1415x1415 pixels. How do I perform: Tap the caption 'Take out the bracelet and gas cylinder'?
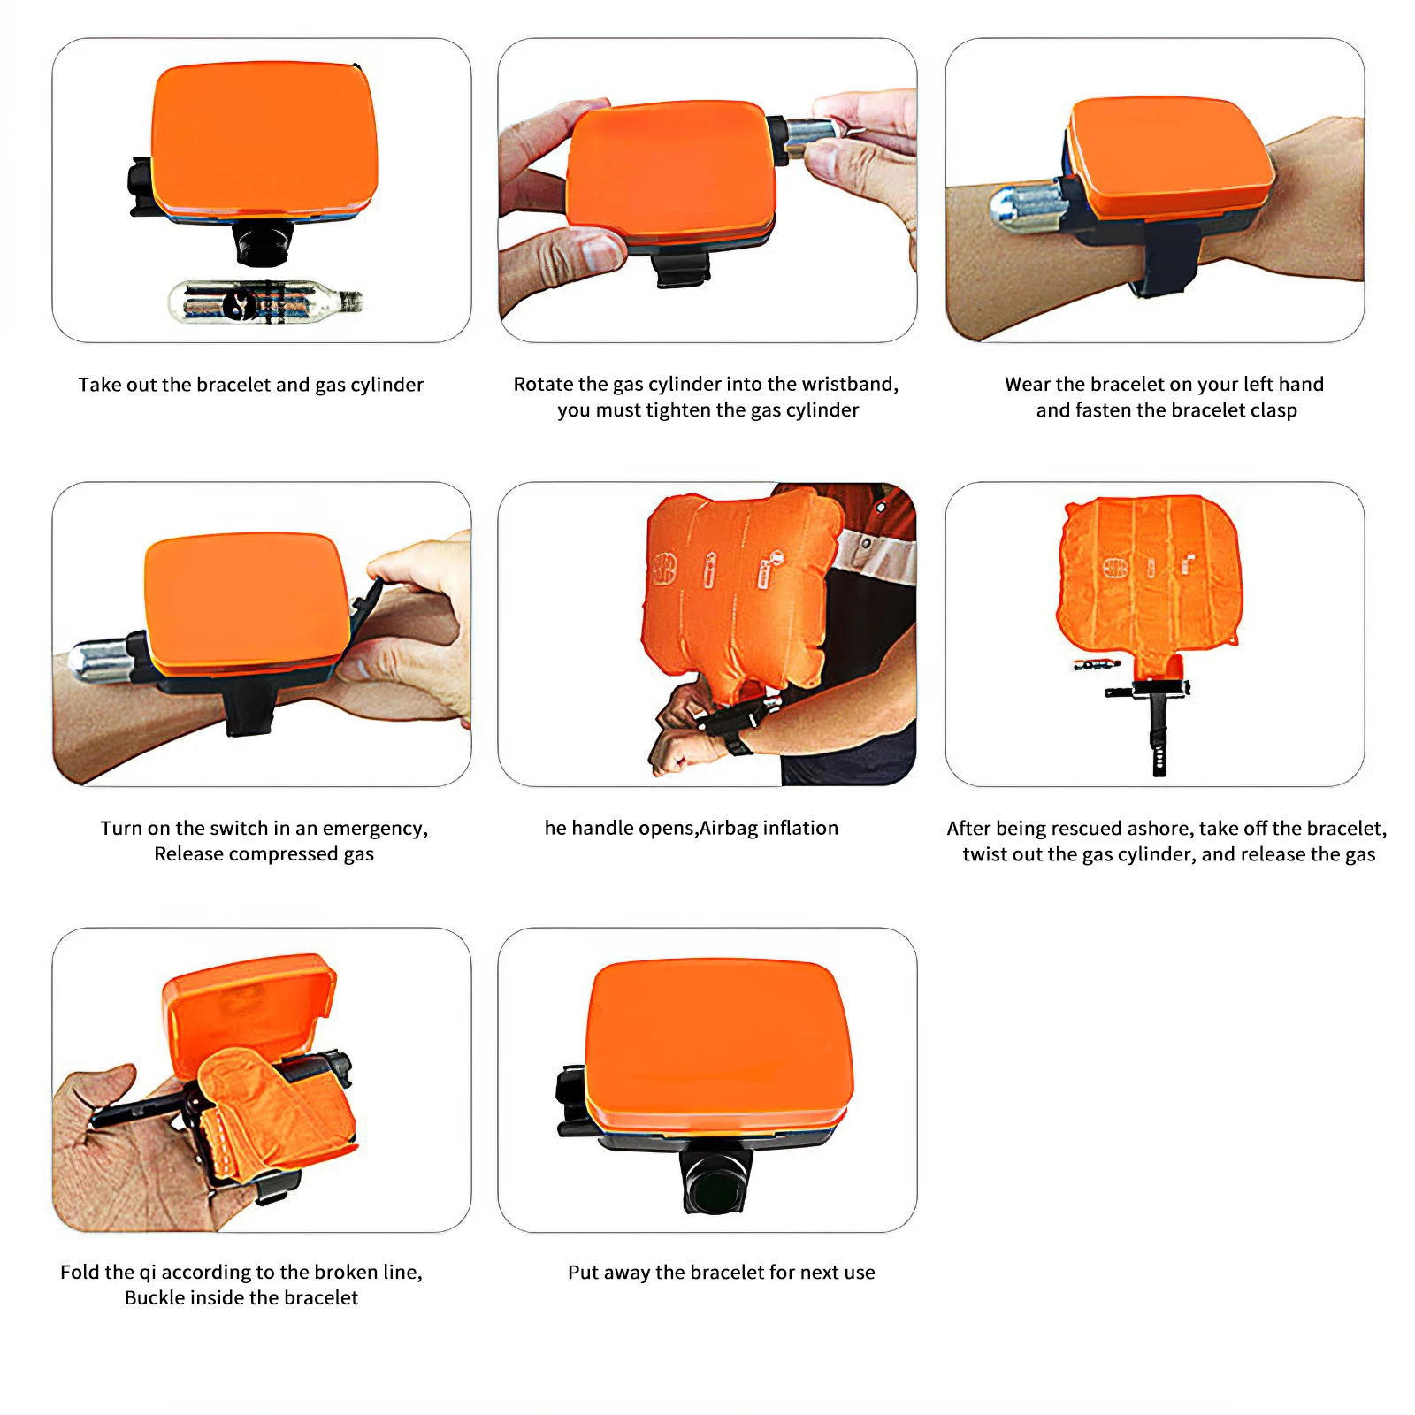(x=250, y=385)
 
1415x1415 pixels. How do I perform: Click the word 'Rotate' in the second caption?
(x=541, y=384)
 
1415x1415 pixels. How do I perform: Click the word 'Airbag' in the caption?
(x=729, y=829)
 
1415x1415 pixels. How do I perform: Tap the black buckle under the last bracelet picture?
(x=716, y=1182)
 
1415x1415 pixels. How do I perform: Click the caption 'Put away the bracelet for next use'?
(x=721, y=1273)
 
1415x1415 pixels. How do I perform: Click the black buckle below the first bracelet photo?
(x=263, y=243)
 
